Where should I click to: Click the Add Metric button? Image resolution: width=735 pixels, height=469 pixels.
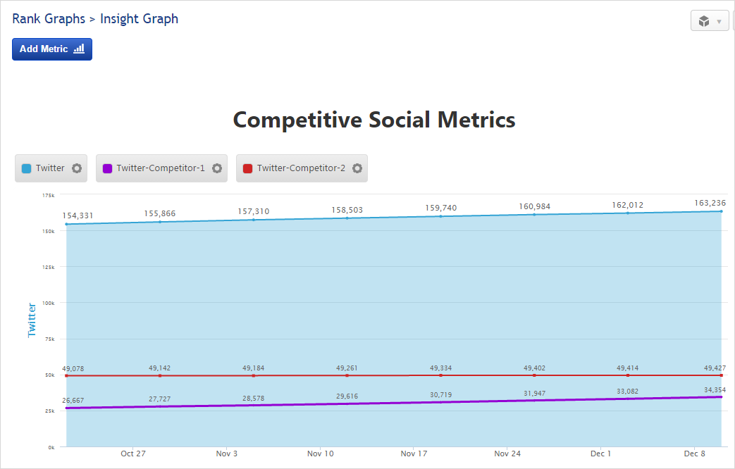tap(51, 49)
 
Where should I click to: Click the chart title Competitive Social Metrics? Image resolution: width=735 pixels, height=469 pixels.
tap(374, 120)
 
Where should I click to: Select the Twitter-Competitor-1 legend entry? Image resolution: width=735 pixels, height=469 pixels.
tap(161, 168)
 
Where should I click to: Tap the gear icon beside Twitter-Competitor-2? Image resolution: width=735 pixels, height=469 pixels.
tap(357, 168)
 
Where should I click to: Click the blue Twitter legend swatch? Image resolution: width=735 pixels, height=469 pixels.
tap(27, 168)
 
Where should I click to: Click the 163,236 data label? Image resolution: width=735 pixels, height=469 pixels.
tap(709, 202)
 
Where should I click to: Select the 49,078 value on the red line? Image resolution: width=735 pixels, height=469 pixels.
tap(73, 368)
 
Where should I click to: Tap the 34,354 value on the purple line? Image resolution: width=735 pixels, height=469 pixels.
tap(715, 389)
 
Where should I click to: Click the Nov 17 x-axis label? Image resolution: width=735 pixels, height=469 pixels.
tap(414, 454)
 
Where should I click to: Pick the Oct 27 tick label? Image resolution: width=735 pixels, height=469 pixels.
tap(133, 454)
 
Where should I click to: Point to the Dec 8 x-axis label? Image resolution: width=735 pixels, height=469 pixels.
tap(695, 454)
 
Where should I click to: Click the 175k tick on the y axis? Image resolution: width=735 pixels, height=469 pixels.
tap(49, 195)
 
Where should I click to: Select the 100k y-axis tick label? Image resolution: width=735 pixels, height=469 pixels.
tap(49, 303)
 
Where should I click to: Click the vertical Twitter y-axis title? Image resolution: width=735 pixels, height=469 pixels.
tap(32, 320)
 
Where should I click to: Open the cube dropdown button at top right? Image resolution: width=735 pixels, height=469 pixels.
tap(709, 21)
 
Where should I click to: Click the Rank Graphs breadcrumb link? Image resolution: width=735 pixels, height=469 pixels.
tap(49, 19)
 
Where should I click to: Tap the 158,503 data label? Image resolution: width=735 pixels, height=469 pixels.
tap(347, 209)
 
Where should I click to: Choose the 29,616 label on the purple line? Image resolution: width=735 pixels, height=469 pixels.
tap(347, 396)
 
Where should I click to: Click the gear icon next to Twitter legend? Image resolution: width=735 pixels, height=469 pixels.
tap(77, 168)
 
